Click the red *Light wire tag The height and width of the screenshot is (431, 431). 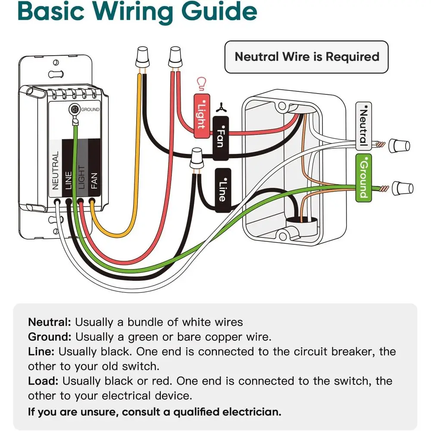202,116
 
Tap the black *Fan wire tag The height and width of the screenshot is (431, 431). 220,138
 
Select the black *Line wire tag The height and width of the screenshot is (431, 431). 223,190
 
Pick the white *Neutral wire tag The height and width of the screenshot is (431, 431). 363,126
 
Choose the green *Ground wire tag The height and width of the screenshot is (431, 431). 363,178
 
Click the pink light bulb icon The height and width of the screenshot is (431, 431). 201,84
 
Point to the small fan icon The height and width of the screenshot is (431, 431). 221,108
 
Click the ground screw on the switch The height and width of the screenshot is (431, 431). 75,109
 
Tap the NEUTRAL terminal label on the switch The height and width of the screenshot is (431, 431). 55,170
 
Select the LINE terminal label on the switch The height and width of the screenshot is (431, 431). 68,180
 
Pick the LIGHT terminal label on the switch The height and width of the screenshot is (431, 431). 81,177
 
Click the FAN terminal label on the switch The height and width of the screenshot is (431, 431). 94,181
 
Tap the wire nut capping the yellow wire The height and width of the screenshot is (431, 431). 142,57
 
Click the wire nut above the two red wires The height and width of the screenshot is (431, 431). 175,57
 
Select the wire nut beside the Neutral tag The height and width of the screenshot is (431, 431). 400,146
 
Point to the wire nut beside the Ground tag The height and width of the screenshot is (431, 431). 403,188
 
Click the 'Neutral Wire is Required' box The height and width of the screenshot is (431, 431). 306,57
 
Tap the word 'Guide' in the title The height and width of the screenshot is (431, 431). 219,11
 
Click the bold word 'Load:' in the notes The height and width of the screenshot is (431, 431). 43,381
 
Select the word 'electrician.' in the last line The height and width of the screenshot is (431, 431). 252,412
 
